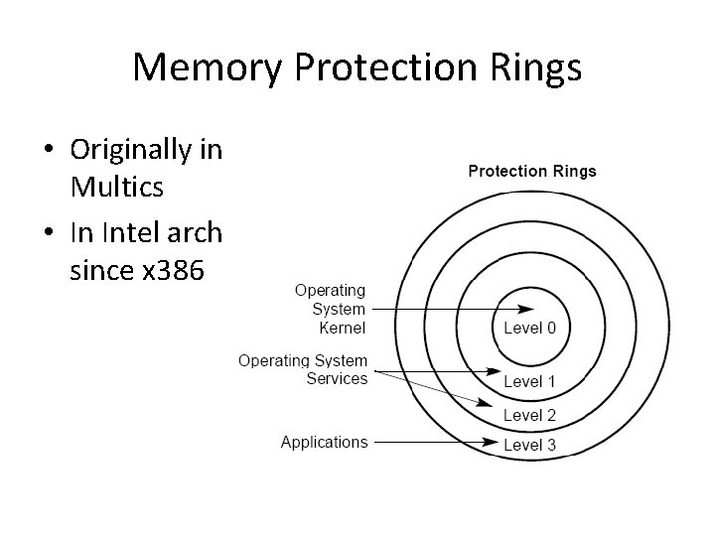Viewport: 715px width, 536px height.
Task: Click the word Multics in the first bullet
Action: point(117,186)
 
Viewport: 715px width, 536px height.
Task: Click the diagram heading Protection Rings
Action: point(532,171)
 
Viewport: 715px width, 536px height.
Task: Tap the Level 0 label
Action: point(530,329)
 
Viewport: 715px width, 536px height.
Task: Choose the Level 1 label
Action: point(530,382)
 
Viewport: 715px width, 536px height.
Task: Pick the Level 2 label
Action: point(530,415)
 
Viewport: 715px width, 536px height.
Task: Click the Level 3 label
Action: point(530,445)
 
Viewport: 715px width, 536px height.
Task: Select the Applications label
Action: point(324,442)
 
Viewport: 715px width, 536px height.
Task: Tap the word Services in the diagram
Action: point(337,378)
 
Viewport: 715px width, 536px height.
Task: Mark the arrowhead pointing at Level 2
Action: point(487,405)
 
